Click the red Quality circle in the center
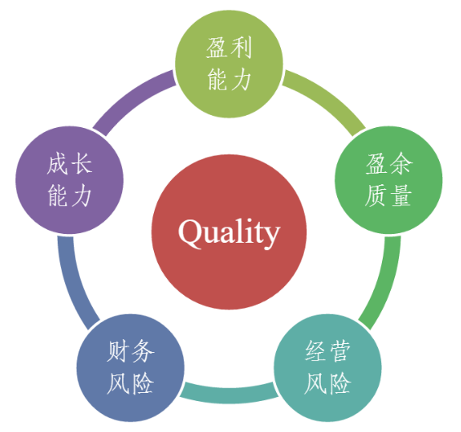(x=229, y=231)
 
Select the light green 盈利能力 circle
(x=229, y=64)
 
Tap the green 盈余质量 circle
(x=389, y=180)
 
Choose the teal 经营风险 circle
(x=327, y=368)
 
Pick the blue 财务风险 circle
(x=130, y=368)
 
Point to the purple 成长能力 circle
(x=69, y=180)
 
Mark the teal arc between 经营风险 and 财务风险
(x=229, y=395)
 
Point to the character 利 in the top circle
(x=241, y=48)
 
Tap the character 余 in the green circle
(x=401, y=164)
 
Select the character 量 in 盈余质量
(x=401, y=196)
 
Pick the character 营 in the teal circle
(x=340, y=351)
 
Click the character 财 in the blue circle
(x=117, y=351)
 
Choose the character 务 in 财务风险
(x=143, y=351)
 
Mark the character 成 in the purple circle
(x=57, y=164)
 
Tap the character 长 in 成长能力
(x=82, y=164)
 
